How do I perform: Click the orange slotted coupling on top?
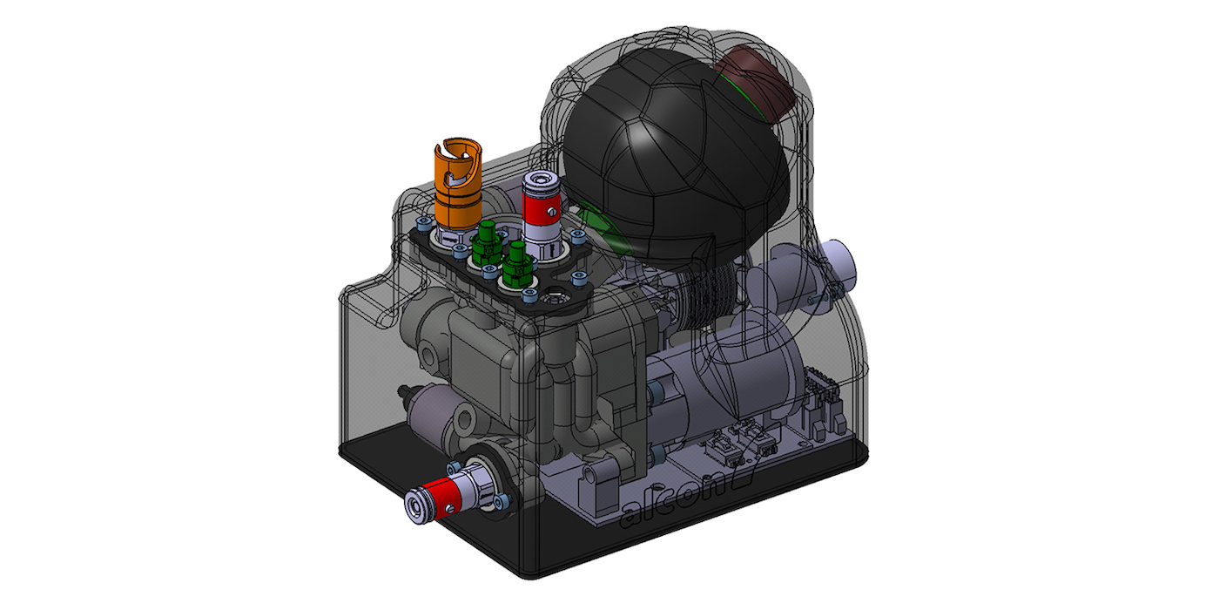point(457,187)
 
